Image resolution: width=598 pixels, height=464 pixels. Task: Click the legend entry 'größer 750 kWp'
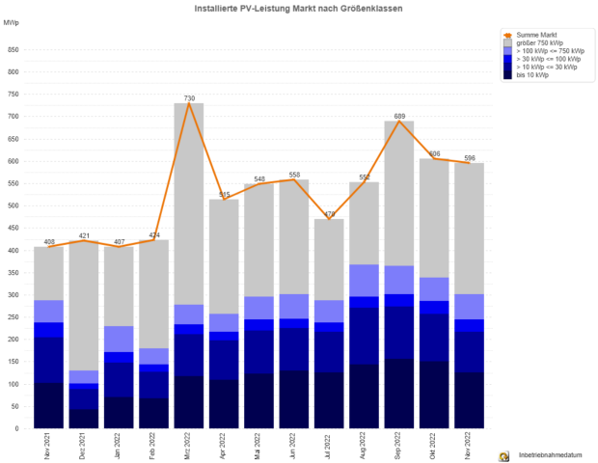[x=539, y=42]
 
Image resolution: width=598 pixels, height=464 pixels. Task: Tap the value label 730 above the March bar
[x=190, y=97]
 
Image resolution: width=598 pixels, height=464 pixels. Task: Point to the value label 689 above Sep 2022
[x=399, y=116]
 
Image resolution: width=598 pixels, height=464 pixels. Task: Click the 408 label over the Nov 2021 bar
[x=49, y=241]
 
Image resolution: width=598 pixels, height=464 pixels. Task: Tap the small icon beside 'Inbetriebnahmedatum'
[x=503, y=454]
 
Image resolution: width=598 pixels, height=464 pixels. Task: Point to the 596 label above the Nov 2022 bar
[x=469, y=157]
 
